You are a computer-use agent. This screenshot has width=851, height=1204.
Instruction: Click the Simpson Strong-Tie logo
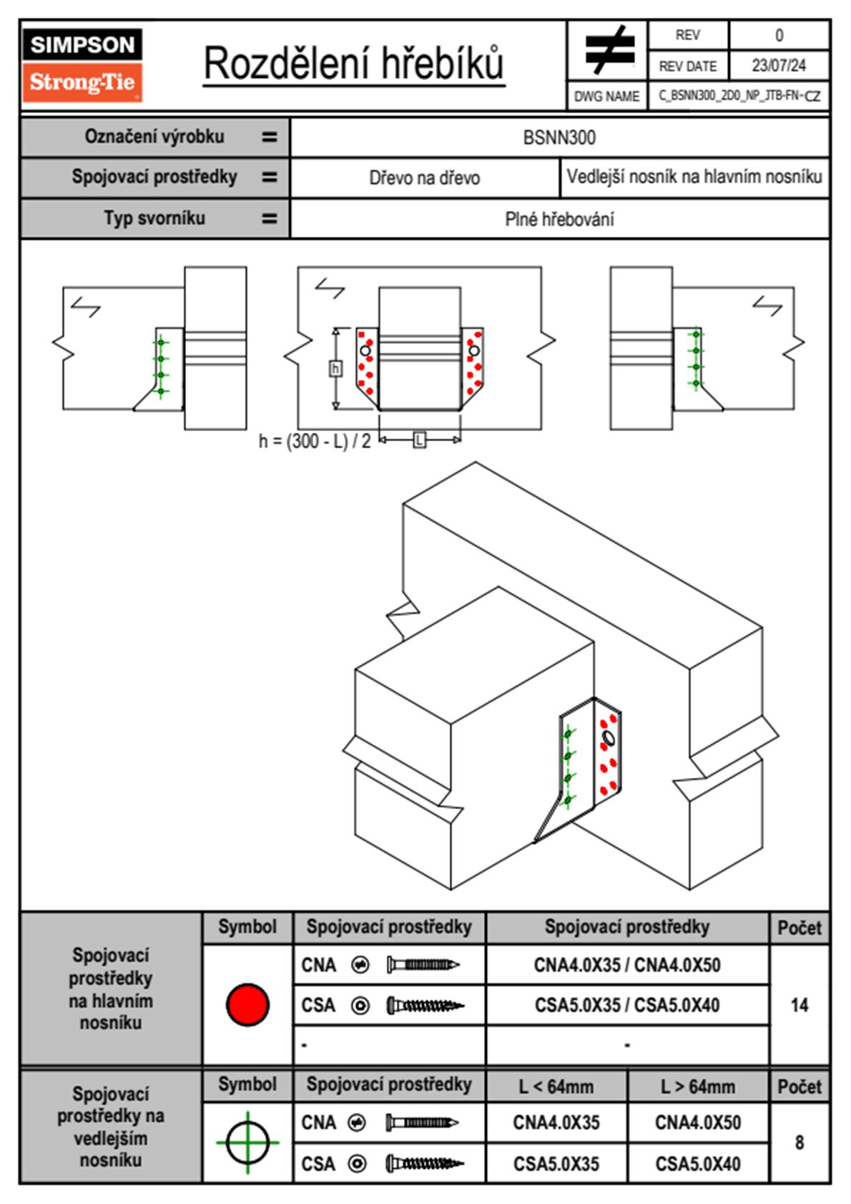(x=82, y=65)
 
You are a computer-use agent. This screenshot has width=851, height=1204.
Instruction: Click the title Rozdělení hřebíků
(x=354, y=64)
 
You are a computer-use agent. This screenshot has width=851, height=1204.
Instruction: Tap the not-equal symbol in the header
(x=609, y=51)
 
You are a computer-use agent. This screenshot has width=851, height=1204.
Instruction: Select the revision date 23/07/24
(x=779, y=66)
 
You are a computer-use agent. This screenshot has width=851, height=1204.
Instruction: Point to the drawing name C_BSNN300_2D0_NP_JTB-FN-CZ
(x=739, y=96)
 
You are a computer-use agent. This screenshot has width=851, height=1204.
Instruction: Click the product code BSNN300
(x=559, y=138)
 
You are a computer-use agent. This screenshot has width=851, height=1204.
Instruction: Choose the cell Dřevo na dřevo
(x=425, y=178)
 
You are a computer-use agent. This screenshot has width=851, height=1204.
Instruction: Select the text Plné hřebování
(x=559, y=219)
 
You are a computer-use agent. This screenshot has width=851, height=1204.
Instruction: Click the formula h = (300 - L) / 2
(x=315, y=441)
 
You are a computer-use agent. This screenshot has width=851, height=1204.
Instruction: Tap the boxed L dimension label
(x=420, y=440)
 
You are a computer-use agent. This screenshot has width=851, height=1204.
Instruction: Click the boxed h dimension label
(x=335, y=369)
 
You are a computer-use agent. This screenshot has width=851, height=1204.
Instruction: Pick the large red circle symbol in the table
(x=247, y=1004)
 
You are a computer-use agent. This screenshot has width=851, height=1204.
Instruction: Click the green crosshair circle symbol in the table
(x=247, y=1142)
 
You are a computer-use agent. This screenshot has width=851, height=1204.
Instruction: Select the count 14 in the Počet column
(x=800, y=1005)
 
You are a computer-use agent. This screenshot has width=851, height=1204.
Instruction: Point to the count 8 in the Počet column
(x=800, y=1142)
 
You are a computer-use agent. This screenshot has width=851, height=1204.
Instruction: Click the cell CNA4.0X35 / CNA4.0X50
(x=627, y=965)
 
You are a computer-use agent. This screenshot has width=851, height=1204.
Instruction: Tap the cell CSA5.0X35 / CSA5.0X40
(x=627, y=1005)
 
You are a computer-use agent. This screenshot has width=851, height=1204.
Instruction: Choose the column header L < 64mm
(x=556, y=1087)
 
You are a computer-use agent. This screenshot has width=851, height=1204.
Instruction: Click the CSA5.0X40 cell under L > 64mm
(x=698, y=1164)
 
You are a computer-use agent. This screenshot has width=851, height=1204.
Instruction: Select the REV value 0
(x=779, y=35)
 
